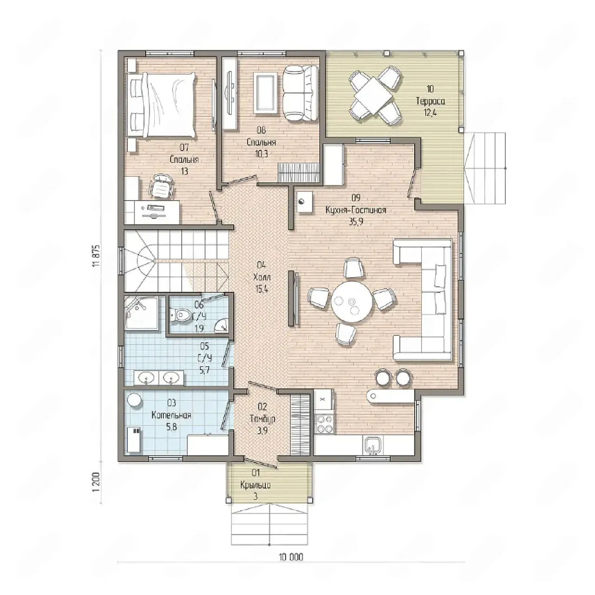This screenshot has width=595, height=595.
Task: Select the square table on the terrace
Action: [373, 95]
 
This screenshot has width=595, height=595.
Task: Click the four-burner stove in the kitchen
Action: [324, 424]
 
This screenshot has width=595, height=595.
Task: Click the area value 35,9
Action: [356, 222]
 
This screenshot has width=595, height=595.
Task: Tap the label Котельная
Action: [172, 415]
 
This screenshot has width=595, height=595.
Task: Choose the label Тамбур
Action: [263, 419]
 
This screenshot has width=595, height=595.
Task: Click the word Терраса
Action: [430, 101]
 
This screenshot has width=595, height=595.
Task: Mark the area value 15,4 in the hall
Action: [262, 289]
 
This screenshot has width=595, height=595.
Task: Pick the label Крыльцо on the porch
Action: [256, 486]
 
